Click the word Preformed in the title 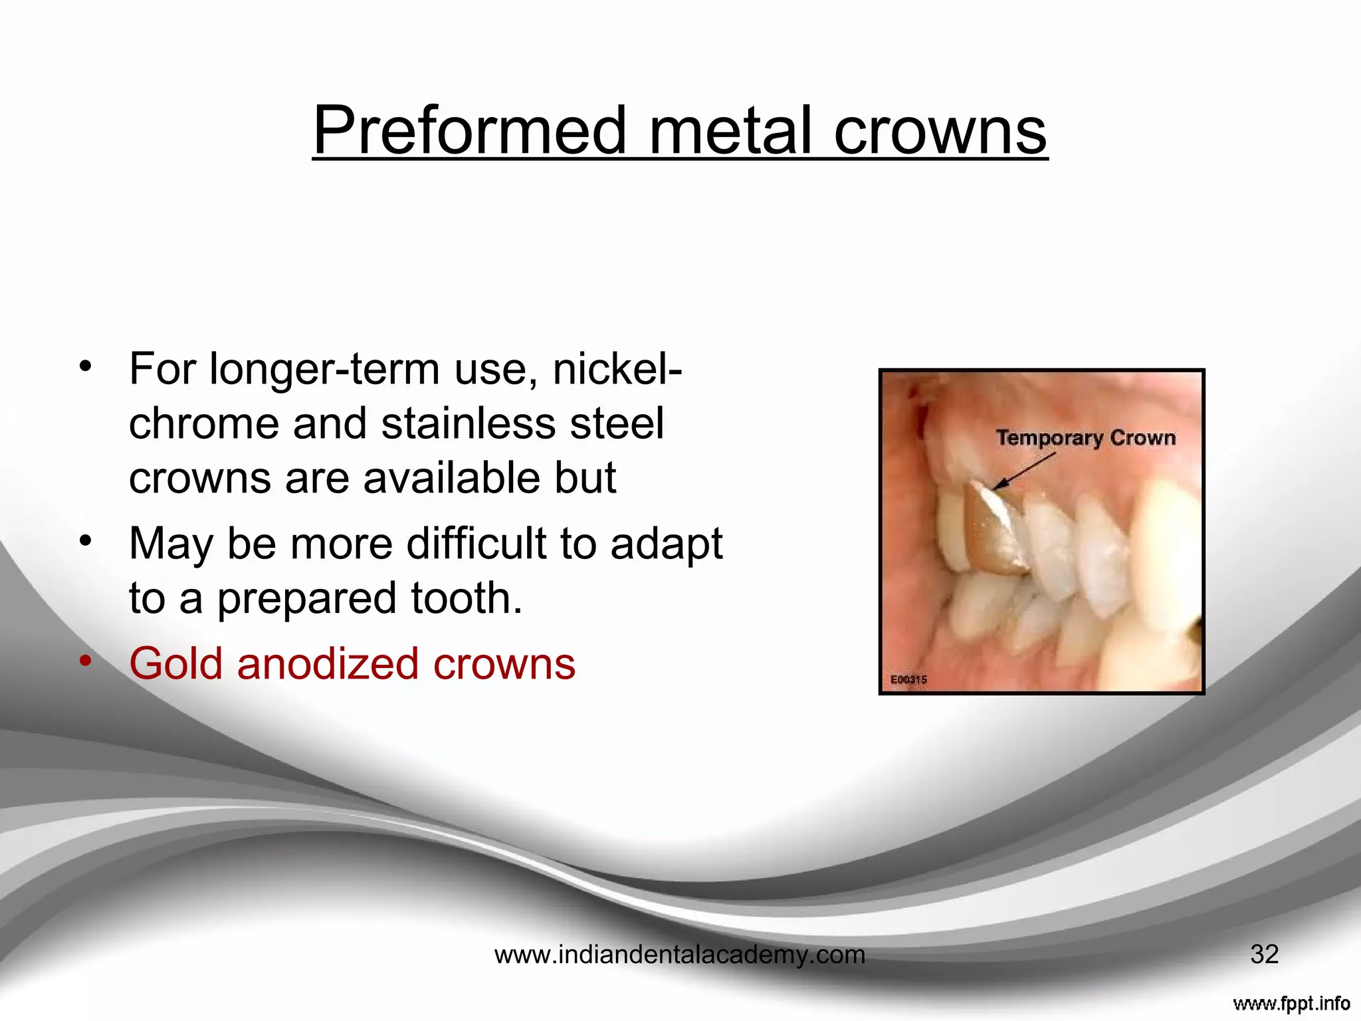[469, 131]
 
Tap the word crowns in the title [940, 131]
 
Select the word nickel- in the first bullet [617, 370]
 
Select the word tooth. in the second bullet [467, 598]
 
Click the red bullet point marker [85, 661]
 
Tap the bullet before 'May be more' [85, 540]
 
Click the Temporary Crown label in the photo [1085, 438]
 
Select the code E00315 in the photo [908, 679]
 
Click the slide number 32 [1264, 955]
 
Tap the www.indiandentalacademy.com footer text [680, 955]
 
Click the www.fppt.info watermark [1291, 1003]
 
